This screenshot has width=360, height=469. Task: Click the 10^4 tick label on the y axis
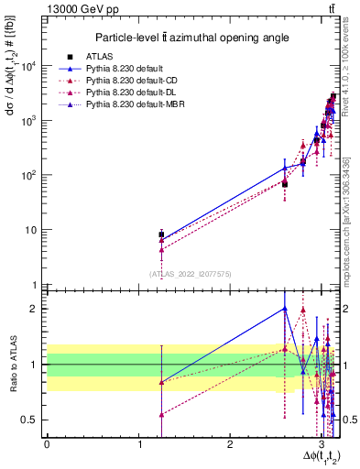click(x=29, y=66)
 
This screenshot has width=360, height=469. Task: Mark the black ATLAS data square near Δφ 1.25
click(x=161, y=234)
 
